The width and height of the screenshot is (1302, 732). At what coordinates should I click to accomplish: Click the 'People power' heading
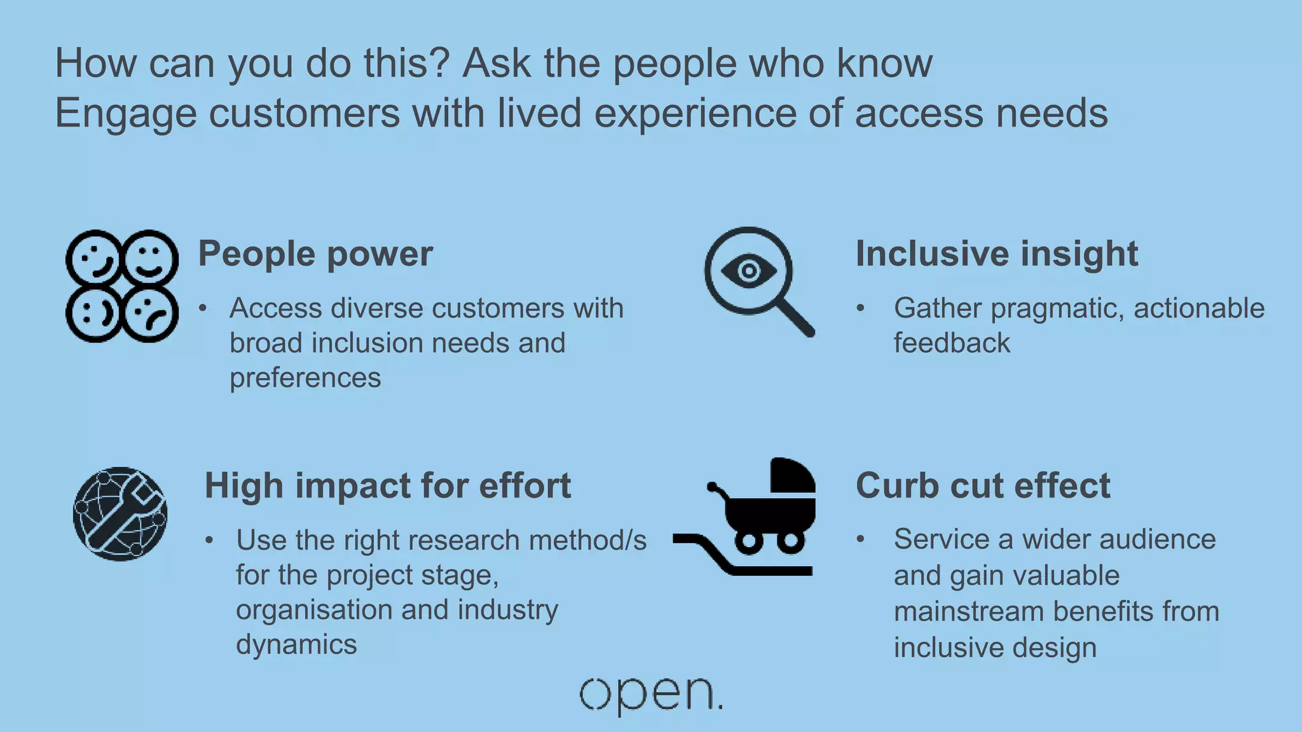(315, 254)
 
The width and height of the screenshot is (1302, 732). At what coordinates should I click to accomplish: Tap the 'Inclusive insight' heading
(996, 254)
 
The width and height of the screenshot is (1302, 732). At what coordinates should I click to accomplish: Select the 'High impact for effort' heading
(388, 486)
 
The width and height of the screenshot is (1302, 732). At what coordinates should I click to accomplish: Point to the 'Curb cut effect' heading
(983, 486)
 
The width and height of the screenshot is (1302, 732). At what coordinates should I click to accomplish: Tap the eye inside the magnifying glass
(749, 271)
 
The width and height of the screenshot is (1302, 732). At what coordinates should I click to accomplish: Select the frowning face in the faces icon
(150, 314)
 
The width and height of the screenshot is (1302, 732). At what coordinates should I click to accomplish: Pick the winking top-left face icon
(93, 257)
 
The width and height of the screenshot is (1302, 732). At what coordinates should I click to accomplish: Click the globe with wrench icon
(120, 513)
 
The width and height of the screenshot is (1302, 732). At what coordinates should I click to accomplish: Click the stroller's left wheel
(750, 541)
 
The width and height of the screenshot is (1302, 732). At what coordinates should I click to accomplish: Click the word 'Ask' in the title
(496, 64)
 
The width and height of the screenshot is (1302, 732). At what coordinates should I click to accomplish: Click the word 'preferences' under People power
(305, 378)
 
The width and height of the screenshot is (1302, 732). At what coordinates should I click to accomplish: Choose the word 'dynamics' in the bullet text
(296, 644)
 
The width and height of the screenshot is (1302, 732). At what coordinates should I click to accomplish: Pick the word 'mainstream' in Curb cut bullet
(969, 612)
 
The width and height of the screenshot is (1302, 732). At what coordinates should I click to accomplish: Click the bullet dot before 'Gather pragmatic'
(860, 309)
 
